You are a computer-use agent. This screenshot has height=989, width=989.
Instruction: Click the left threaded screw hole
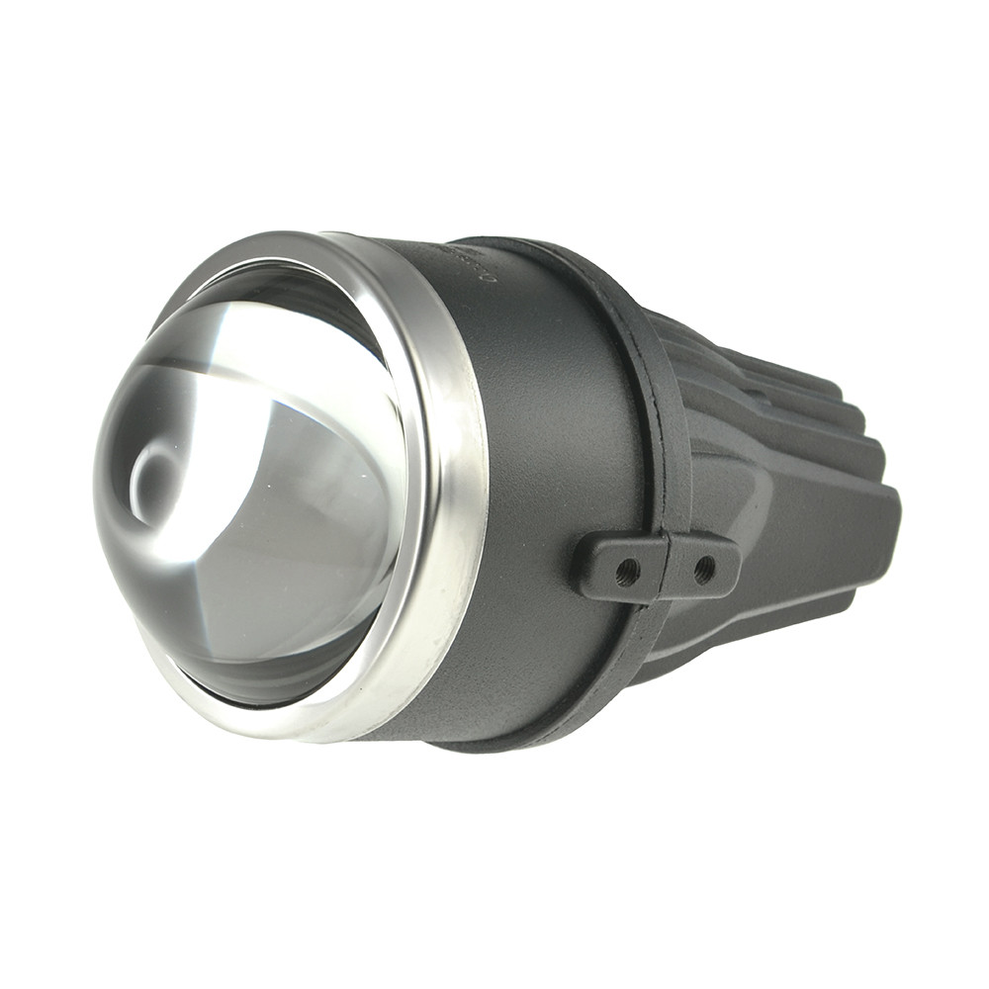click(626, 571)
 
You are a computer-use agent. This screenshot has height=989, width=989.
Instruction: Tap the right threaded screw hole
click(704, 568)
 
